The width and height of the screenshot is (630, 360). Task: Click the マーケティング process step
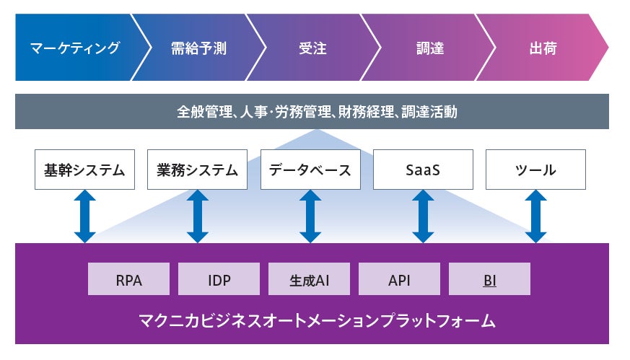pos(75,49)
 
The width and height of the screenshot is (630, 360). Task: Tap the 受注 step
pos(312,49)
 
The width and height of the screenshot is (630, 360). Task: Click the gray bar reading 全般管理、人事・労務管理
pos(312,112)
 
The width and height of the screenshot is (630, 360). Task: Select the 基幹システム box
pos(84,170)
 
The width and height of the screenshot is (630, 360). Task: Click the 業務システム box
pos(197,170)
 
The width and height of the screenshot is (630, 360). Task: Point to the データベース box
pos(310,170)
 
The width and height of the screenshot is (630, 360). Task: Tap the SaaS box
pos(423,170)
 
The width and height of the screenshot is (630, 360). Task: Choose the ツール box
pos(535,170)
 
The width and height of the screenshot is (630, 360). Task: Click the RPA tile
pos(128,279)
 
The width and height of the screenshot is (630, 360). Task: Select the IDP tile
pos(219,279)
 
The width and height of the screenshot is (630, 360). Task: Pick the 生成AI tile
pos(309,279)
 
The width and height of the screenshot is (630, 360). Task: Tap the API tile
pos(399,279)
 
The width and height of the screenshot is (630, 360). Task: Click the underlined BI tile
pos(489,279)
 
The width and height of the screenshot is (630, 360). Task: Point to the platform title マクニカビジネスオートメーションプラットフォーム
pos(312,320)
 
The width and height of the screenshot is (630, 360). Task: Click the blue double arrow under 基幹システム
pos(84,216)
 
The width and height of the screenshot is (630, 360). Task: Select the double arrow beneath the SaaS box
pos(423,216)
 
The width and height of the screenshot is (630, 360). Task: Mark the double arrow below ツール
pos(535,216)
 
